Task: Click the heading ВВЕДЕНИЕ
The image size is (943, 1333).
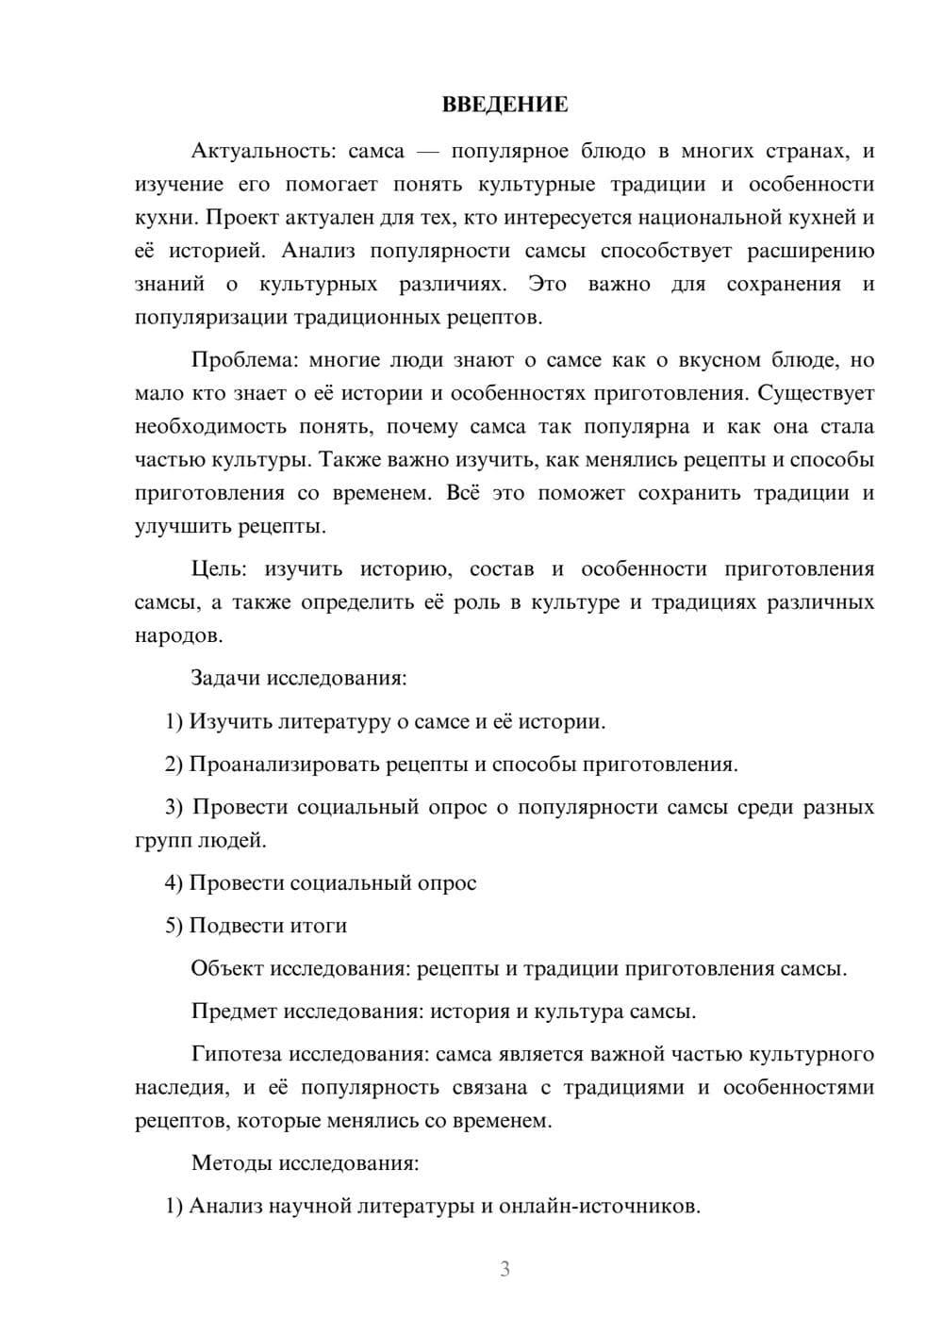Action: (x=505, y=105)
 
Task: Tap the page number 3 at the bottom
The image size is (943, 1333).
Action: (x=505, y=1269)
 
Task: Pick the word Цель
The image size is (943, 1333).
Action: (x=219, y=569)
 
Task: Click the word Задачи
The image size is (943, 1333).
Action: (x=226, y=678)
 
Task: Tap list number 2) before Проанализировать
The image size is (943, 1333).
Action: (x=174, y=764)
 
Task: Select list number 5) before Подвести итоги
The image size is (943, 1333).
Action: (x=174, y=926)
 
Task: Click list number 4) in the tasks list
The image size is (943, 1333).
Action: (x=174, y=883)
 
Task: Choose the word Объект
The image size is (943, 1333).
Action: (x=227, y=969)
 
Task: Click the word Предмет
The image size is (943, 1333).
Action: (x=234, y=1012)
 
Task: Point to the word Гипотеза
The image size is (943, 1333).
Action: (x=236, y=1054)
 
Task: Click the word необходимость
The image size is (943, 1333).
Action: (x=210, y=427)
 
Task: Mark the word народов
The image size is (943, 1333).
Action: (x=178, y=635)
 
